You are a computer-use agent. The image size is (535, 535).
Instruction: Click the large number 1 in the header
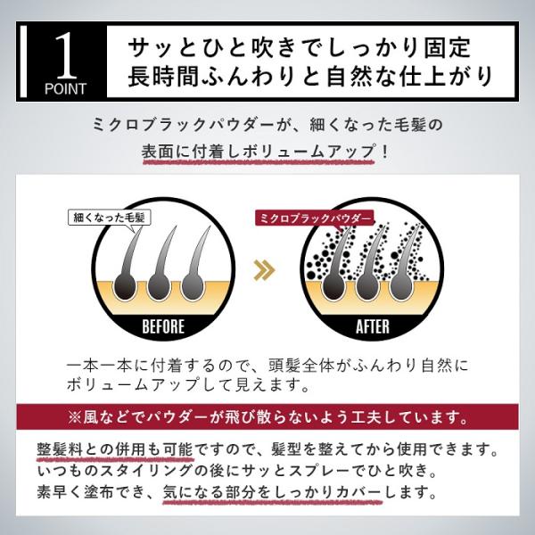coord(66,55)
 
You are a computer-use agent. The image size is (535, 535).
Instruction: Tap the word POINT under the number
coord(65,88)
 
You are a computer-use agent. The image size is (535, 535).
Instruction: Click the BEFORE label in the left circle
coord(163,326)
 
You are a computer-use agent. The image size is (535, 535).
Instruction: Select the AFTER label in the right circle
coord(372,326)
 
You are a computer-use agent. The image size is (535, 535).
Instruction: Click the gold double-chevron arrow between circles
coord(265,270)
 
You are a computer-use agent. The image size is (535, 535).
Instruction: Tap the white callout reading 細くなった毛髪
coord(109,218)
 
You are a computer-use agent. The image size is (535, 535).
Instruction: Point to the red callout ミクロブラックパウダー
coord(315,218)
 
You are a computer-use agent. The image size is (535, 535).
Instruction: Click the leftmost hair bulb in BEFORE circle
coord(125,287)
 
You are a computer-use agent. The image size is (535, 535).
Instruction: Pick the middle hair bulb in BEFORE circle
coord(159,287)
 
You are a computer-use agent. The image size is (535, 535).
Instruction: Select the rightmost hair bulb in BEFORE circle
coord(193,287)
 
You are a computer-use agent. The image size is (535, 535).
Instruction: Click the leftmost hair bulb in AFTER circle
coord(333,287)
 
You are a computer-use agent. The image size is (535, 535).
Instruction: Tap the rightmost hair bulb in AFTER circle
coord(401,287)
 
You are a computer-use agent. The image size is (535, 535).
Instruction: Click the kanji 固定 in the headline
coord(448,46)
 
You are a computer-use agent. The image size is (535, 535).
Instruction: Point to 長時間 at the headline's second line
coord(163,76)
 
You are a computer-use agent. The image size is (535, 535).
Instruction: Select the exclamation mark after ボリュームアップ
coord(385,152)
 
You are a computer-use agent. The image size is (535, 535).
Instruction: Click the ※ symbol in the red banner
coord(74,417)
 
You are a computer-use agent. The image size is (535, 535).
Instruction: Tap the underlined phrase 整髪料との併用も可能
coord(115,449)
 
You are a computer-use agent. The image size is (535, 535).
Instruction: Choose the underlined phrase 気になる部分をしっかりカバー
coord(272,491)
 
